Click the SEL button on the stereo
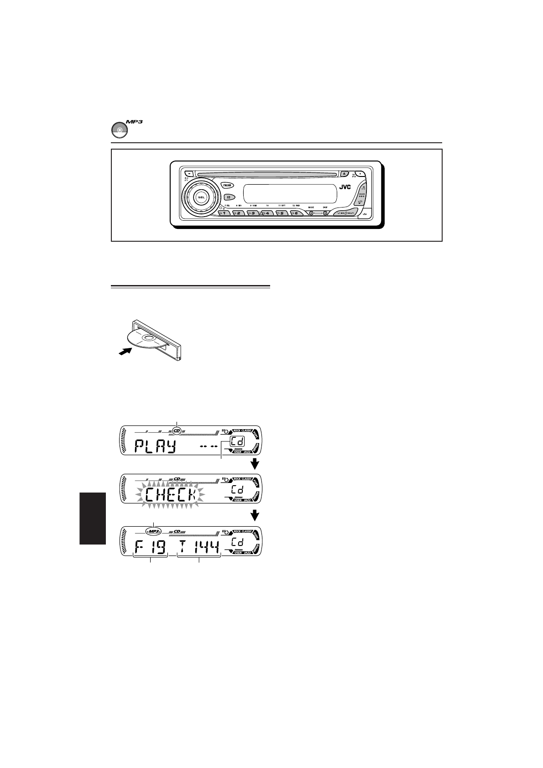tap(201, 197)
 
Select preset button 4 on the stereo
tap(267, 213)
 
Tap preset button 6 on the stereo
tap(296, 213)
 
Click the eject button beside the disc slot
tap(345, 173)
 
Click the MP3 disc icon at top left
tap(119, 130)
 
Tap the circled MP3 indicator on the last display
tap(154, 531)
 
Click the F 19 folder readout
tap(150, 547)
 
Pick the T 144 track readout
tap(199, 547)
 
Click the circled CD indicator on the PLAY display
tap(176, 429)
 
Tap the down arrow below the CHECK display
tap(255, 515)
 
